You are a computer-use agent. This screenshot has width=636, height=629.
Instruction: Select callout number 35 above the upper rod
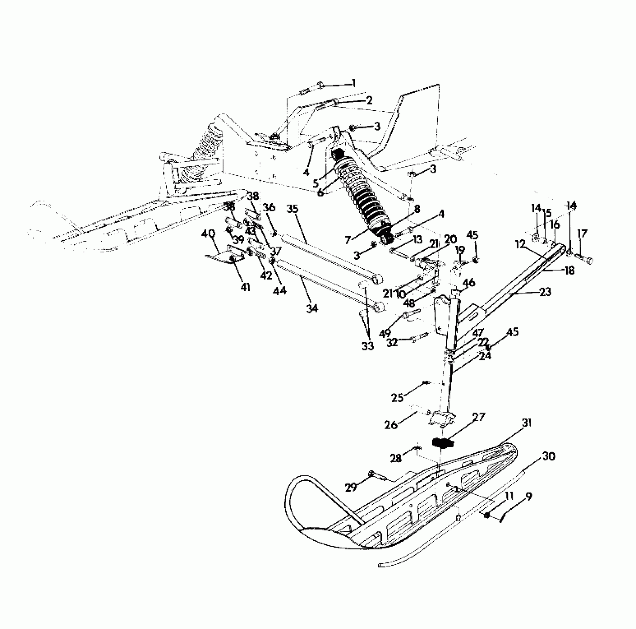point(292,209)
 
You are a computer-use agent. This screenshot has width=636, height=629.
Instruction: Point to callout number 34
point(312,308)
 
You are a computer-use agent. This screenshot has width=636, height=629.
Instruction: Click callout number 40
point(208,234)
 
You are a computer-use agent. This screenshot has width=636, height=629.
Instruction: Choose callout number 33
point(368,346)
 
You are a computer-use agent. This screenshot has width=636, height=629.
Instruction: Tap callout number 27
point(478,418)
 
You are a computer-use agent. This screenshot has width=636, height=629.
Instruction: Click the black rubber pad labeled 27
point(442,443)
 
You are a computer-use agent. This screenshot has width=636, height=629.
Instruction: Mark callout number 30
point(549,456)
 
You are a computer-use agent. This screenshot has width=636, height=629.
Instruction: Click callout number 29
point(351,487)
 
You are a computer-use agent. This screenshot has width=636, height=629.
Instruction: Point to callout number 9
point(528,497)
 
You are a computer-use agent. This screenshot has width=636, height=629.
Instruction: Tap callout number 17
point(582,234)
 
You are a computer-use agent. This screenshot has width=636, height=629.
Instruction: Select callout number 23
point(545,292)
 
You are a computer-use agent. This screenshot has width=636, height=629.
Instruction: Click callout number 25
point(398,398)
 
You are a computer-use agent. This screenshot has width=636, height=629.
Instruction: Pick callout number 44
point(280,290)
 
